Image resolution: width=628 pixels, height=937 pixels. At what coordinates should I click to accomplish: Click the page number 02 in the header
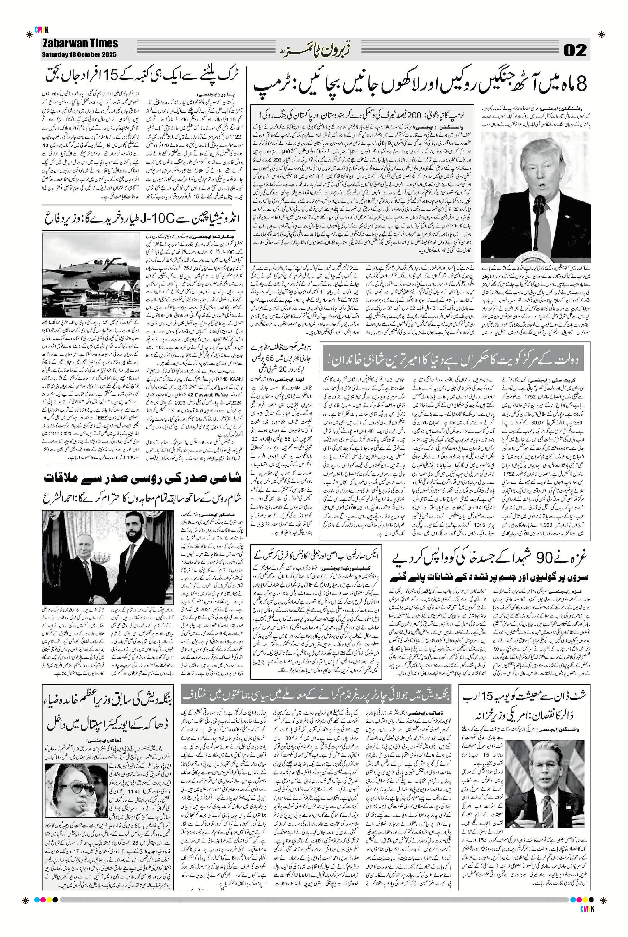click(575, 50)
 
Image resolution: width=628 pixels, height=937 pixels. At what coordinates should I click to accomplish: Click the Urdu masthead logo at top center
click(314, 50)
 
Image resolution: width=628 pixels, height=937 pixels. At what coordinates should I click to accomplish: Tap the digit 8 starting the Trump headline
click(581, 83)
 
